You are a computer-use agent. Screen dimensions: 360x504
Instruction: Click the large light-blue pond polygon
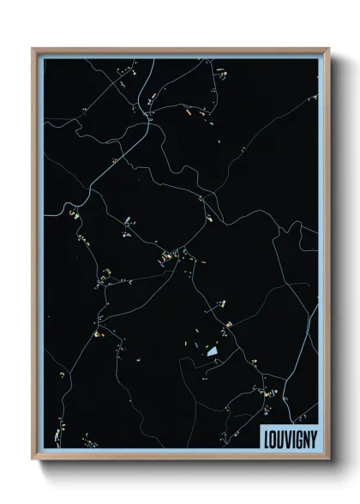[212, 350]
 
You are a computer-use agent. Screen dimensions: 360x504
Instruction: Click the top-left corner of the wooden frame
[33, 48]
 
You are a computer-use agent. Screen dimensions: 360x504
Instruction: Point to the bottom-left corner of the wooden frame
[33, 460]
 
